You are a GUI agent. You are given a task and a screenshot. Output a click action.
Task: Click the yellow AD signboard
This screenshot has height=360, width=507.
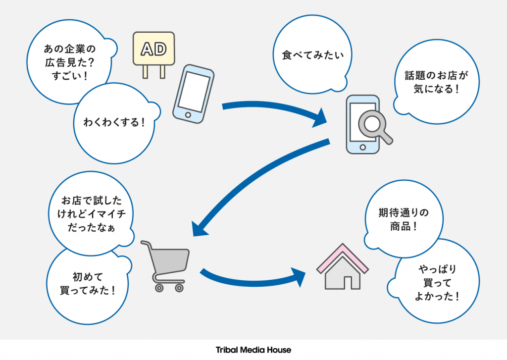tap(153, 49)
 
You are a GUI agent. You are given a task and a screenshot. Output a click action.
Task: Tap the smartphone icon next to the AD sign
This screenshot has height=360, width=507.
tap(193, 93)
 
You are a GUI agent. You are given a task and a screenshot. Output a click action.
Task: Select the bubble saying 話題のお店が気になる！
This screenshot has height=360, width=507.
tap(436, 82)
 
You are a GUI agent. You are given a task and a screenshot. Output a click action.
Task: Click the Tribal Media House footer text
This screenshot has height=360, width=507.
tap(253, 350)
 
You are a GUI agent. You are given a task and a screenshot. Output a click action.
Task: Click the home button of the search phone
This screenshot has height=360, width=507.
tap(362, 148)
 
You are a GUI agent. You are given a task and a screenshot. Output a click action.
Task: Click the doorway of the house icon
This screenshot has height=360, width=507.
tap(349, 282)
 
